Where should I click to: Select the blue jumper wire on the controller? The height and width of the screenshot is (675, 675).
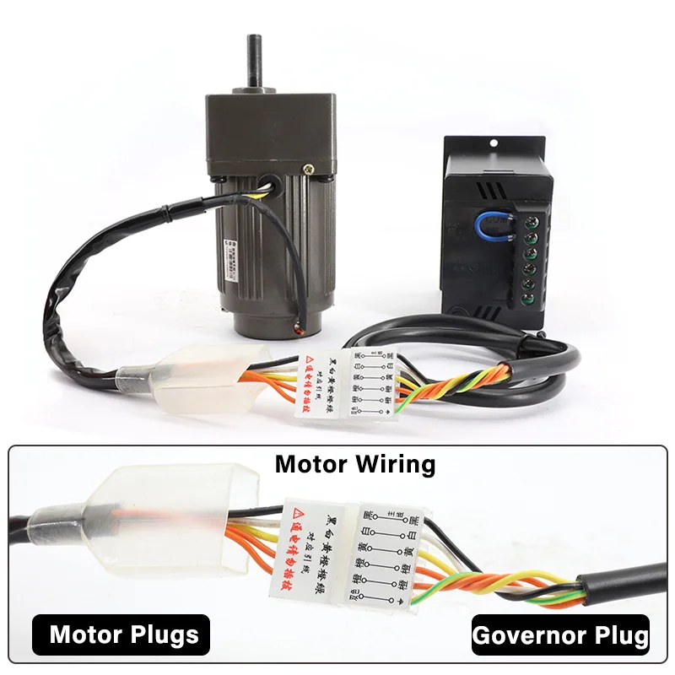coord(493,224)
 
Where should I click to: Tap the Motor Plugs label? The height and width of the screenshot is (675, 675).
coord(124,634)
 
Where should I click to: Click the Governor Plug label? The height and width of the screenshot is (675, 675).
coord(560,634)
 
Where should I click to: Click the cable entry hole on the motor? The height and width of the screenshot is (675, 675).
coord(268,184)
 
